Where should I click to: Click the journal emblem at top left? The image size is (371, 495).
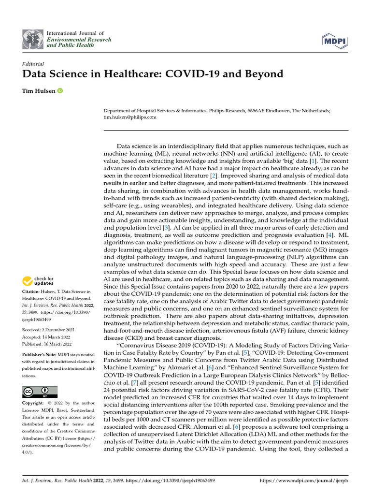(32, 39)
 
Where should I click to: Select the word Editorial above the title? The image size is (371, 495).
(33, 64)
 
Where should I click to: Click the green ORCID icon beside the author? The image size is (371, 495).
(60, 91)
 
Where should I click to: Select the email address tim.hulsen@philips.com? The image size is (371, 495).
(130, 117)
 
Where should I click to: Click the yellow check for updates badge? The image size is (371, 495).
(38, 281)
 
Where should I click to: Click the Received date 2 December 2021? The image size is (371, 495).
(59, 330)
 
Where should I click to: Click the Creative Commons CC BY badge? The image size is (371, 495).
(40, 392)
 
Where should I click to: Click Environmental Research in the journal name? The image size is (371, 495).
(79, 40)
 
